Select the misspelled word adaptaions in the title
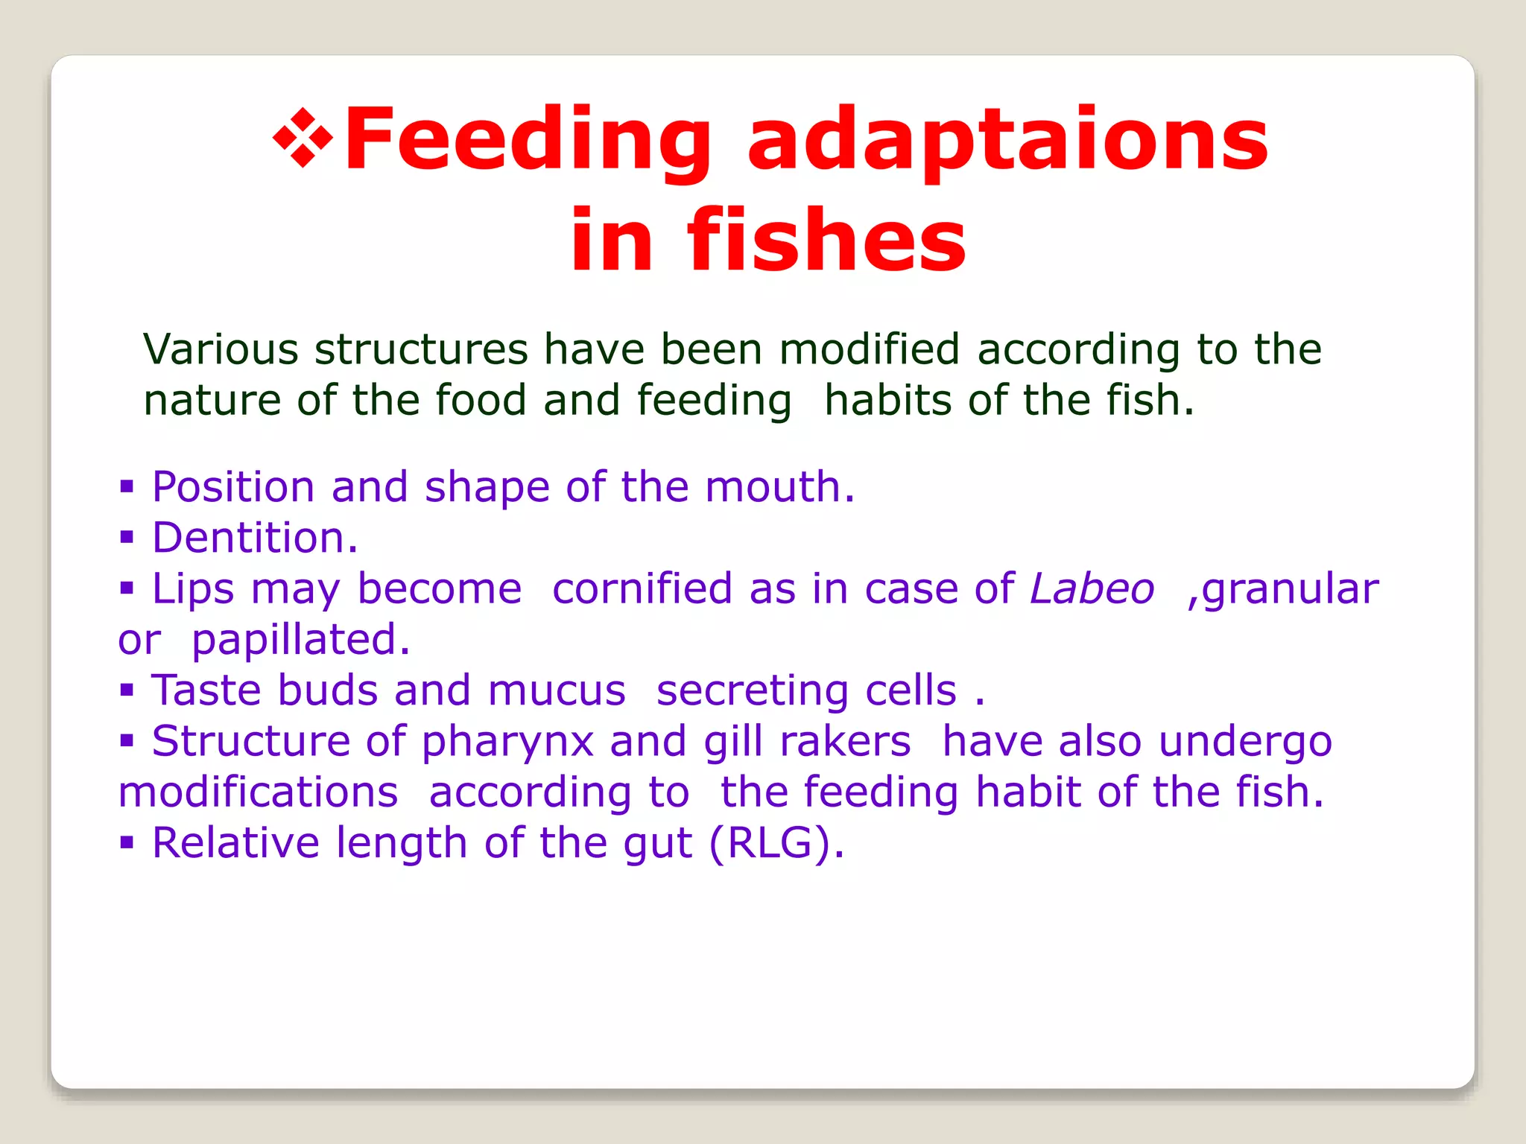1007,142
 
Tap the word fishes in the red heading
826,241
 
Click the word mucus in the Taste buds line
557,690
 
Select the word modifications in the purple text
259,792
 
